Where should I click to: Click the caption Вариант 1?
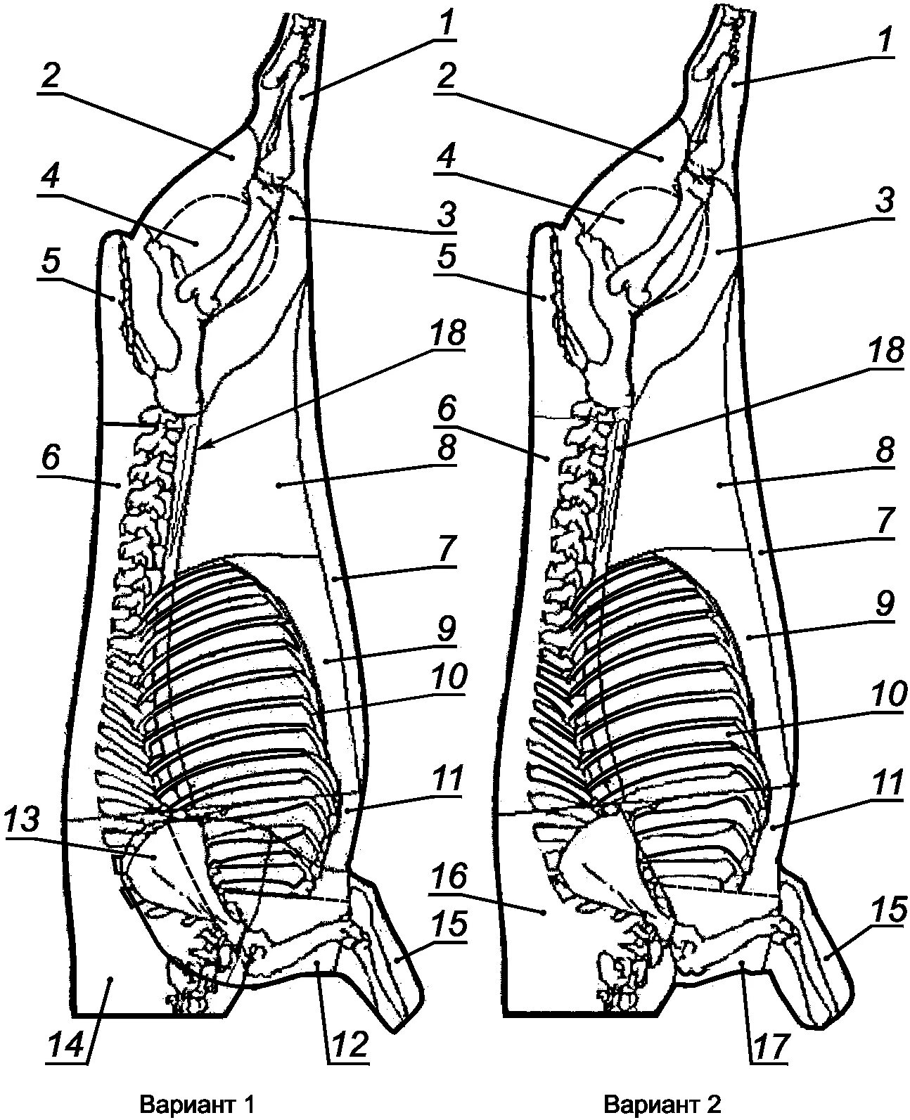[x=196, y=1103]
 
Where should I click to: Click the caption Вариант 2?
[x=663, y=1103]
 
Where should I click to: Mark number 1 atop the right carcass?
[x=886, y=42]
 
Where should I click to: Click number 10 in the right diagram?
[x=887, y=697]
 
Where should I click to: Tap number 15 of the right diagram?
[x=888, y=911]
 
